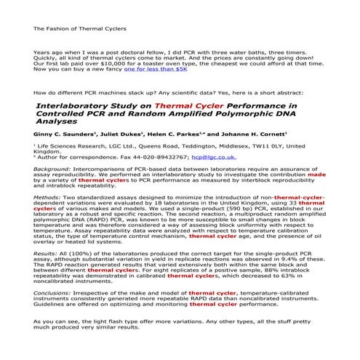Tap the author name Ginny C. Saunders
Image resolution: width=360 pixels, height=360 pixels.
(61, 135)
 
